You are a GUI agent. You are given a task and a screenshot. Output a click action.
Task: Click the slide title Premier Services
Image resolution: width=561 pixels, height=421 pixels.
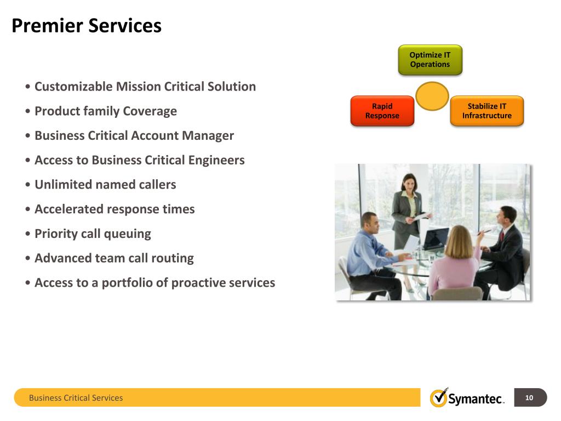click(87, 26)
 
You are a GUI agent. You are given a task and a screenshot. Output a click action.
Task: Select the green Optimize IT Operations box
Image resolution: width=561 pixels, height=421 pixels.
click(430, 60)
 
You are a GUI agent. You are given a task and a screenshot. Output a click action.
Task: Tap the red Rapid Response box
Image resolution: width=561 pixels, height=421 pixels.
click(382, 111)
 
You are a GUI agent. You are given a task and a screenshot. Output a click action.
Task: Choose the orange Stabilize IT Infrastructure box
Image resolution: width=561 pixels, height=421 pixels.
click(486, 111)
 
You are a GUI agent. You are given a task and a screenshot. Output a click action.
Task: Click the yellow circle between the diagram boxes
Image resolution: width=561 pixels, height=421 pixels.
click(432, 96)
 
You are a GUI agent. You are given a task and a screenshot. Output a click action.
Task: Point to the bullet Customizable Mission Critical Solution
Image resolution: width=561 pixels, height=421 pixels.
click(145, 87)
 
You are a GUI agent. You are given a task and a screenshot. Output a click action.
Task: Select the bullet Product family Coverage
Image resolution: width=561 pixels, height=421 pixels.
click(105, 111)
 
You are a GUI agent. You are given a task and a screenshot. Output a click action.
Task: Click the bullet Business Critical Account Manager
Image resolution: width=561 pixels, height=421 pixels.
click(134, 135)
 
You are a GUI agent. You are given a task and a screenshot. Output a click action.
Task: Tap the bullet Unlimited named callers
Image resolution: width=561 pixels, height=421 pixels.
click(105, 185)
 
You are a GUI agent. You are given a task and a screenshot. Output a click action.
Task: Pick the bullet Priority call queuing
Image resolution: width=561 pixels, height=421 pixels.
click(93, 234)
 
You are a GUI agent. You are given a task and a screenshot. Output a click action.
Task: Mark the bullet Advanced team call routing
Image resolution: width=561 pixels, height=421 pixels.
click(114, 258)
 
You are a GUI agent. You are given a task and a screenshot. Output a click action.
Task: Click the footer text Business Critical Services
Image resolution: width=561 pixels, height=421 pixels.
click(76, 398)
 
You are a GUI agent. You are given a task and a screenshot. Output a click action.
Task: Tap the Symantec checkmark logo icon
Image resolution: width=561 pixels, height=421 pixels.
click(438, 397)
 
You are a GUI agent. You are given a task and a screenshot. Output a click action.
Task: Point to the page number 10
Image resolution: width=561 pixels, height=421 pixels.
click(529, 398)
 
